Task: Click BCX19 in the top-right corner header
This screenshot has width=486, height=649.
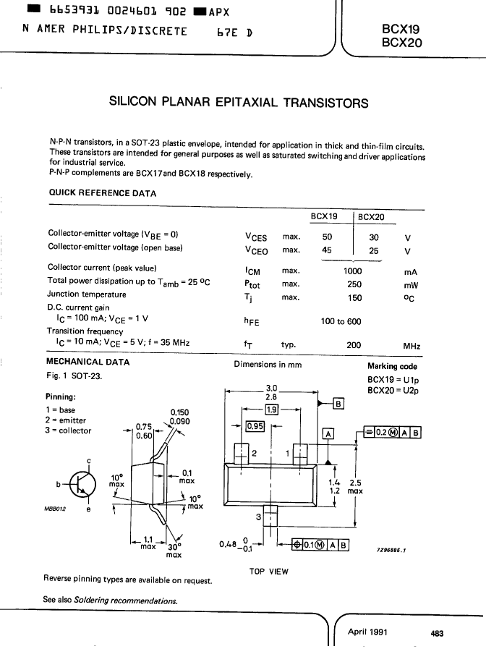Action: coord(401,29)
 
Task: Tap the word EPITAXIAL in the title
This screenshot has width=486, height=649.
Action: coord(246,102)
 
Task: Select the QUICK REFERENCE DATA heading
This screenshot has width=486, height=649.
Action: coord(103,193)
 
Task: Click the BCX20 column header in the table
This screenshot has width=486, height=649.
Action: coord(371,217)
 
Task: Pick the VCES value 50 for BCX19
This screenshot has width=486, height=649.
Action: coord(327,237)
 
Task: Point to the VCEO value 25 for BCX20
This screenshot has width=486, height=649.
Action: coord(373,251)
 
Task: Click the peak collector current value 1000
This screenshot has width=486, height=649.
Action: coord(352,271)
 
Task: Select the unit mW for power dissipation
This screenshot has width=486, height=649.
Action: coord(411,285)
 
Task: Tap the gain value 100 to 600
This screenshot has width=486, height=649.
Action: coord(341,321)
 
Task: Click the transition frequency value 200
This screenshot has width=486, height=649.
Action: coord(354,345)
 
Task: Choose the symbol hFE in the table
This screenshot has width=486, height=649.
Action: coord(252,321)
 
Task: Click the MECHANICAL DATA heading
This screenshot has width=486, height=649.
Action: coord(88,362)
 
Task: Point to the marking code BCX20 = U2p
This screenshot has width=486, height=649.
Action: coord(393,390)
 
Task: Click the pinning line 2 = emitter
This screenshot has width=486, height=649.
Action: coord(66,420)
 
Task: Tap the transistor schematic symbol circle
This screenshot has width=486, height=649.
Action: coord(82,484)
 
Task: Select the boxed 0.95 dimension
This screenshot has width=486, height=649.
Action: coord(255,426)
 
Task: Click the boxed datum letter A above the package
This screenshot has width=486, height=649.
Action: coord(328,434)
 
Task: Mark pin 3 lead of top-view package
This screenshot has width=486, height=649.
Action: coord(270,516)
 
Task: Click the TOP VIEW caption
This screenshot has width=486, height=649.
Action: coord(269,572)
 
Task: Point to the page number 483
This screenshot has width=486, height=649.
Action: coord(438,633)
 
